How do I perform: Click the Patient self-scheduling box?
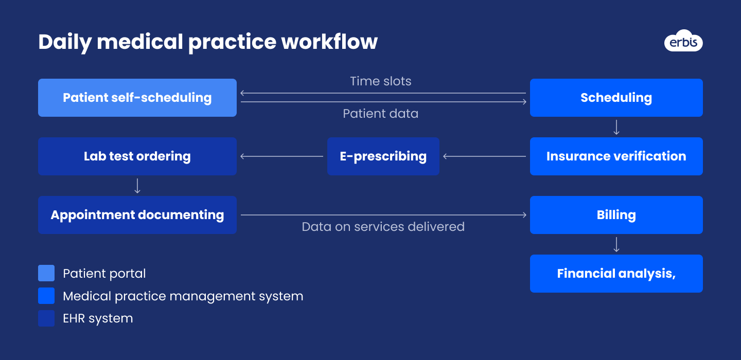click(x=137, y=98)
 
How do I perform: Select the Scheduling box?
click(x=616, y=98)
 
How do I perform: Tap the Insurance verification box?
click(x=616, y=156)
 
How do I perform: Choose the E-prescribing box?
click(x=383, y=156)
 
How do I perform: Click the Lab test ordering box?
click(x=137, y=156)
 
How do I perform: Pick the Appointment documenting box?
click(x=137, y=215)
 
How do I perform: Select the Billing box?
click(x=616, y=215)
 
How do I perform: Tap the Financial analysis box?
click(x=616, y=274)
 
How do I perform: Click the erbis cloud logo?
click(x=683, y=41)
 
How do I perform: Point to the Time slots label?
click(x=380, y=81)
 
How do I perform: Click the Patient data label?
click(x=380, y=114)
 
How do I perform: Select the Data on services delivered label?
click(x=383, y=227)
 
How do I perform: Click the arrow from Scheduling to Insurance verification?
click(x=616, y=127)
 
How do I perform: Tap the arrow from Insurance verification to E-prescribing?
click(x=484, y=156)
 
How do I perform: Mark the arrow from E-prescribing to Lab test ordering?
click(x=281, y=156)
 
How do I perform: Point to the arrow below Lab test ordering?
click(x=137, y=186)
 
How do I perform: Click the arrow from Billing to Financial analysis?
click(x=616, y=244)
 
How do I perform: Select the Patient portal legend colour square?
click(x=46, y=274)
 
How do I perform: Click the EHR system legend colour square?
click(x=46, y=318)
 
